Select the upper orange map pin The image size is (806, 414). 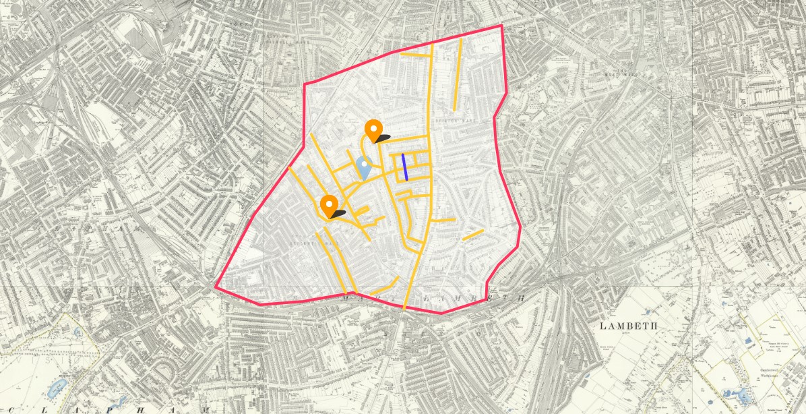pos(373,129)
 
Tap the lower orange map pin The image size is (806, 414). pos(329,204)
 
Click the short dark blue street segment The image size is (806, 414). pos(404,167)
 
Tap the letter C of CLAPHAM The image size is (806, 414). pos(11,410)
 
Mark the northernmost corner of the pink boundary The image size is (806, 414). pos(501,26)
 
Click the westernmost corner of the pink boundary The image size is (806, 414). pos(216,287)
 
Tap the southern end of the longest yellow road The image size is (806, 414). pos(404,308)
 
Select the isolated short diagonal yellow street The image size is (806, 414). pos(473,235)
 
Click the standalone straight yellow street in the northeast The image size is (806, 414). pos(458,74)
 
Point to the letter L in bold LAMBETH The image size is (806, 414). pos(602,326)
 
